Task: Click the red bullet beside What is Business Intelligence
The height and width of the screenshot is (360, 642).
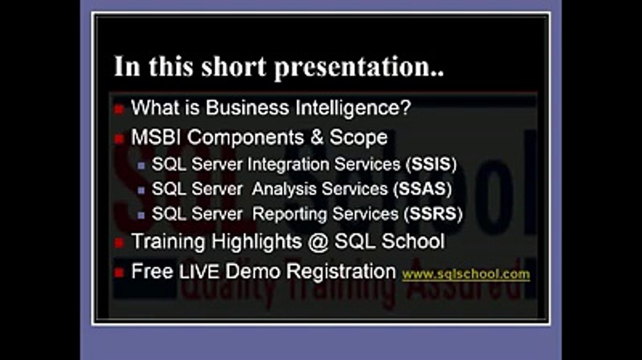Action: click(118, 109)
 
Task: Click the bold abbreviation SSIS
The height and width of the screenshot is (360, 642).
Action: click(431, 164)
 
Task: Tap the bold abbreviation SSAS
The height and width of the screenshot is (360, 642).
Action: click(423, 189)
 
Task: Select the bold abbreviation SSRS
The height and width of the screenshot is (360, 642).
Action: click(433, 214)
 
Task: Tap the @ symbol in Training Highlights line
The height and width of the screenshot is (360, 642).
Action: click(318, 241)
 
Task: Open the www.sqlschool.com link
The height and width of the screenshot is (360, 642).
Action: click(466, 274)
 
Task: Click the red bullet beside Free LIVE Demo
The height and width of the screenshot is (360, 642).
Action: click(118, 273)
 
